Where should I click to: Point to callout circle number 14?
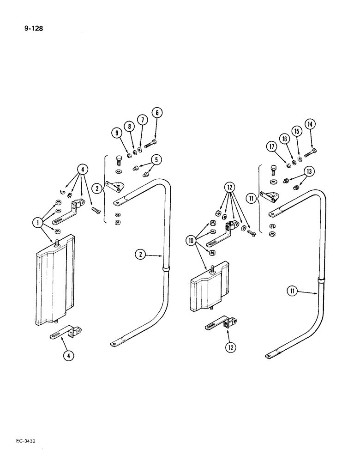click(x=309, y=124)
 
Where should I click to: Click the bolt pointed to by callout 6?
click(x=151, y=144)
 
